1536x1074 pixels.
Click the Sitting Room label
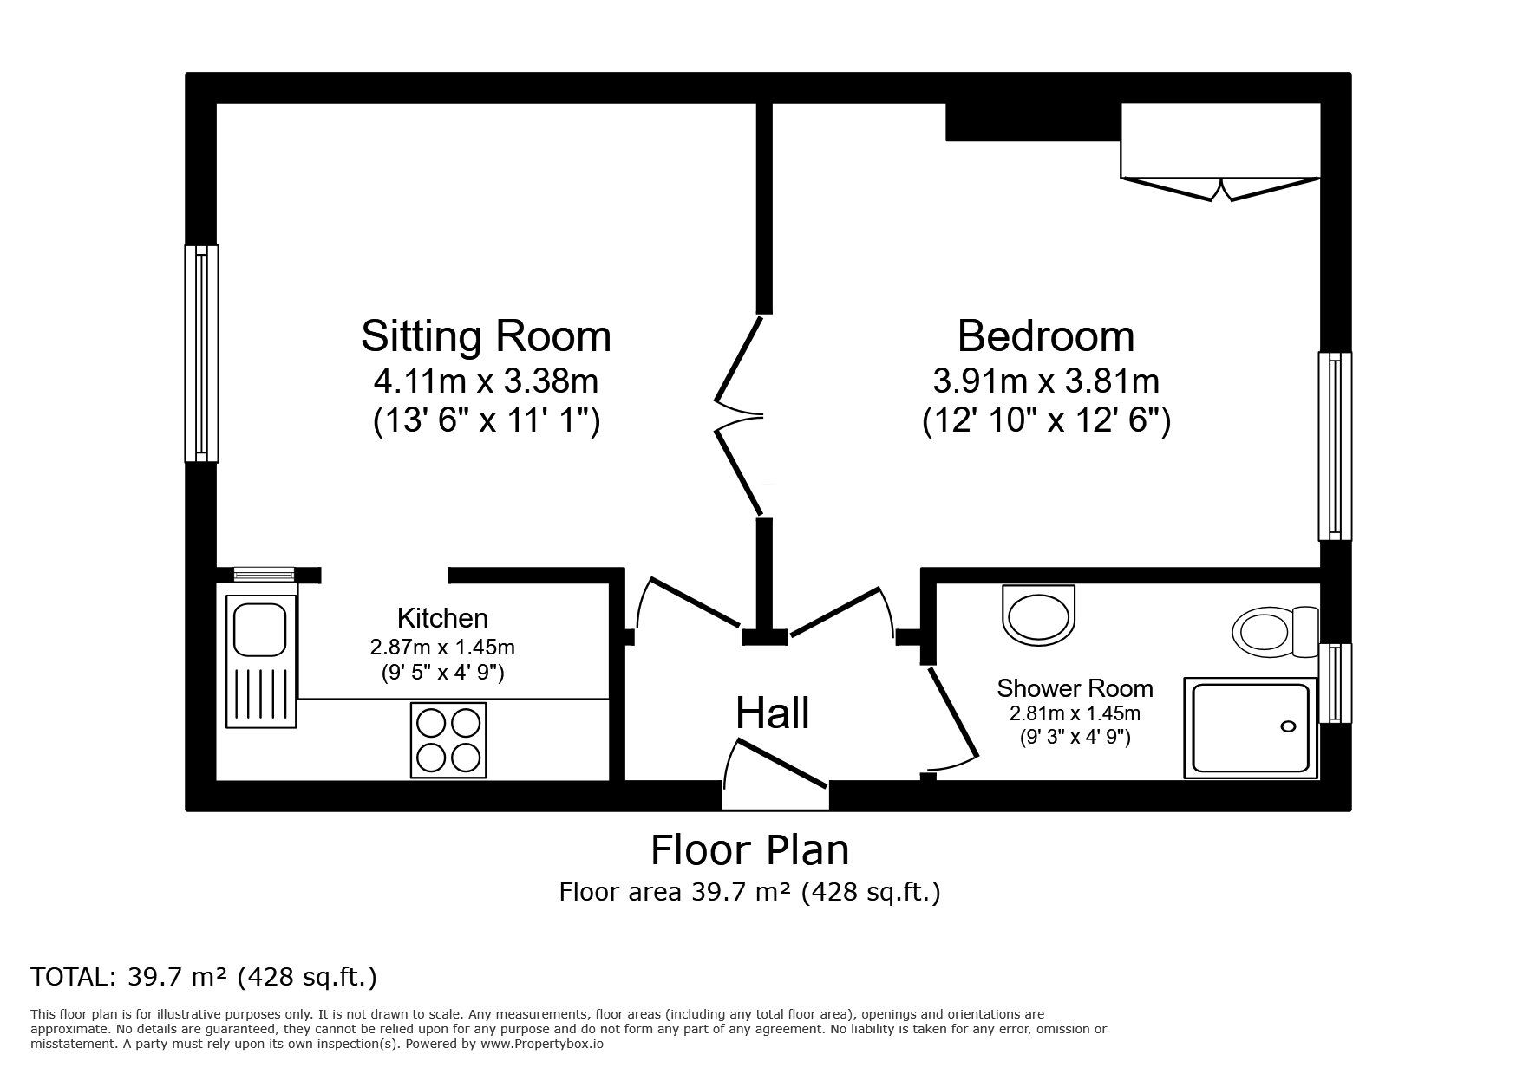[x=486, y=336]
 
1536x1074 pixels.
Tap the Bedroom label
[x=1046, y=336]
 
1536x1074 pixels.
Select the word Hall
[x=773, y=713]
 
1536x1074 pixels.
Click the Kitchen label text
[x=442, y=618]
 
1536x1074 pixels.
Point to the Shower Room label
[x=1075, y=688]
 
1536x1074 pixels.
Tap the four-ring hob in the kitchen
[x=448, y=740]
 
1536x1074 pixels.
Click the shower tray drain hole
[x=1289, y=726]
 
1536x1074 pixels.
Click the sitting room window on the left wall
[x=201, y=353]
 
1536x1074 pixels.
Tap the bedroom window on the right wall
[x=1335, y=446]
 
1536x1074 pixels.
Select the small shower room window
[x=1336, y=683]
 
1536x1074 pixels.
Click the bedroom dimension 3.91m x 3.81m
[x=1046, y=381]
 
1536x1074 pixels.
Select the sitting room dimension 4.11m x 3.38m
[x=486, y=381]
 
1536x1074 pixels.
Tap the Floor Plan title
[x=750, y=850]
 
